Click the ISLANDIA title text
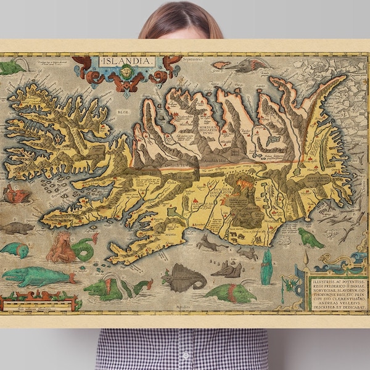click(127, 62)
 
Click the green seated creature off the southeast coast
click(310, 238)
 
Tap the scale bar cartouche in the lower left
click(40, 302)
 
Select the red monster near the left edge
click(17, 194)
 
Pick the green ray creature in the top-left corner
click(12, 66)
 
